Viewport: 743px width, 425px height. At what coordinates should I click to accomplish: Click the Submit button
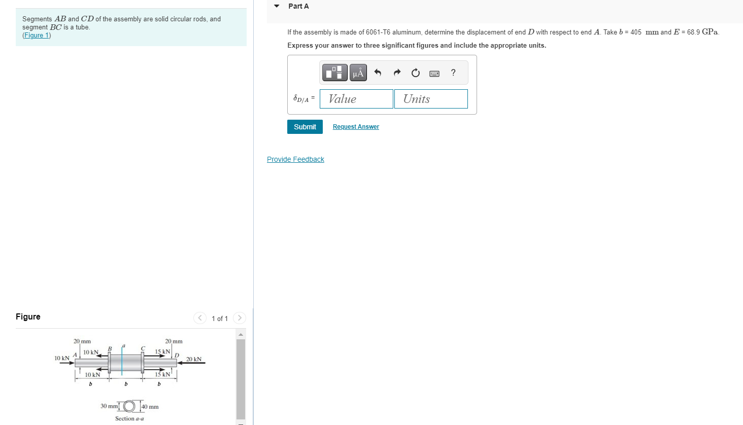click(x=305, y=127)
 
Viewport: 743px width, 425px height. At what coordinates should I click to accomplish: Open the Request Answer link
click(x=356, y=127)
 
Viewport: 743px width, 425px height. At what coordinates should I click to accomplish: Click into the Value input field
click(x=356, y=99)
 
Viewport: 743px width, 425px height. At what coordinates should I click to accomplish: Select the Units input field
click(x=431, y=99)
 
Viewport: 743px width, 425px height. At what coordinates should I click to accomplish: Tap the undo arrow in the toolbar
click(x=378, y=73)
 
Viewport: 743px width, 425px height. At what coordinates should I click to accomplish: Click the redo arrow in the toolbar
click(x=397, y=73)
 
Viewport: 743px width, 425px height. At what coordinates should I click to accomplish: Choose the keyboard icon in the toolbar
click(x=434, y=73)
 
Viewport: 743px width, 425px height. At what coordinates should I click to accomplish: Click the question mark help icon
click(x=453, y=73)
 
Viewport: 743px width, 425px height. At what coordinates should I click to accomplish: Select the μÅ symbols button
click(x=358, y=73)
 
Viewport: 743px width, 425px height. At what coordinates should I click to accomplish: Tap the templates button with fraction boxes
click(x=334, y=73)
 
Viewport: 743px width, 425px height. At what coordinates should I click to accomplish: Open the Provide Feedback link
click(x=295, y=159)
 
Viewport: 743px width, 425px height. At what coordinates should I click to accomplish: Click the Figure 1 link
click(x=37, y=36)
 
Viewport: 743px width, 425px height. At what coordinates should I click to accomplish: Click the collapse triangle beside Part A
click(x=277, y=6)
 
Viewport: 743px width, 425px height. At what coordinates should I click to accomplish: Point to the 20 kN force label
click(x=194, y=359)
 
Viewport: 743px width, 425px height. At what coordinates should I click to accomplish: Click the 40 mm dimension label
click(x=150, y=407)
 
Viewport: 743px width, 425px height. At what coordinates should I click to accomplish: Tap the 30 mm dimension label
click(x=109, y=406)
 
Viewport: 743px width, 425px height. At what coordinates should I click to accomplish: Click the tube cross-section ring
click(x=129, y=406)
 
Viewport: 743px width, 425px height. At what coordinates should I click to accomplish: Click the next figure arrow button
click(x=240, y=318)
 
